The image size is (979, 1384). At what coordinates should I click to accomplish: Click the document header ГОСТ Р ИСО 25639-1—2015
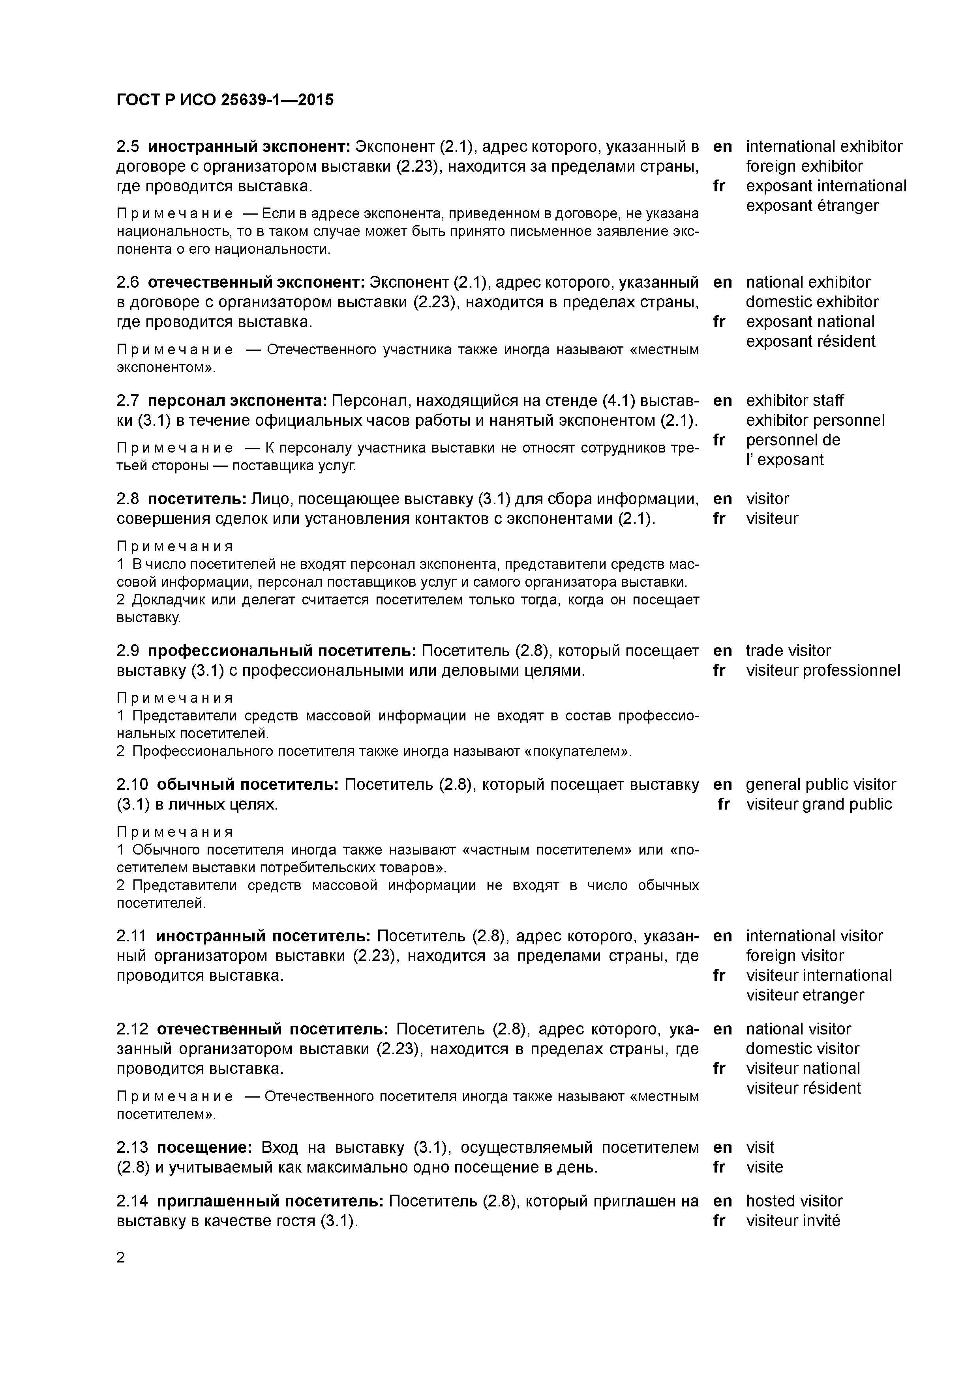click(x=224, y=100)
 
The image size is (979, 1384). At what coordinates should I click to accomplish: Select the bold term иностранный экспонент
click(x=249, y=146)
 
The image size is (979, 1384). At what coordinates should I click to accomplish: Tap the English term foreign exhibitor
click(x=804, y=166)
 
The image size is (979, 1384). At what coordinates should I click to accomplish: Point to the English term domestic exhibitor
click(x=812, y=302)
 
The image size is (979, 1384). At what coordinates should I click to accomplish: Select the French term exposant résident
click(x=810, y=341)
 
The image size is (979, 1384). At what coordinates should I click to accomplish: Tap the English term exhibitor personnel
click(x=815, y=420)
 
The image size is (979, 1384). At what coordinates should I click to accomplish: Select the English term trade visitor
click(x=788, y=651)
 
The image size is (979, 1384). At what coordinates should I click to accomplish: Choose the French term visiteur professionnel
click(x=823, y=670)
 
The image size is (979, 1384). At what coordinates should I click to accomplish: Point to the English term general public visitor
click(x=820, y=784)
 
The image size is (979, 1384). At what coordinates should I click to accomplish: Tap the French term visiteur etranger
click(x=805, y=995)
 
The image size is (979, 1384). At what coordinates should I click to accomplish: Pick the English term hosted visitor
click(x=794, y=1201)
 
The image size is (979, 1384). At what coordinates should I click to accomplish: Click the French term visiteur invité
click(x=793, y=1221)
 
